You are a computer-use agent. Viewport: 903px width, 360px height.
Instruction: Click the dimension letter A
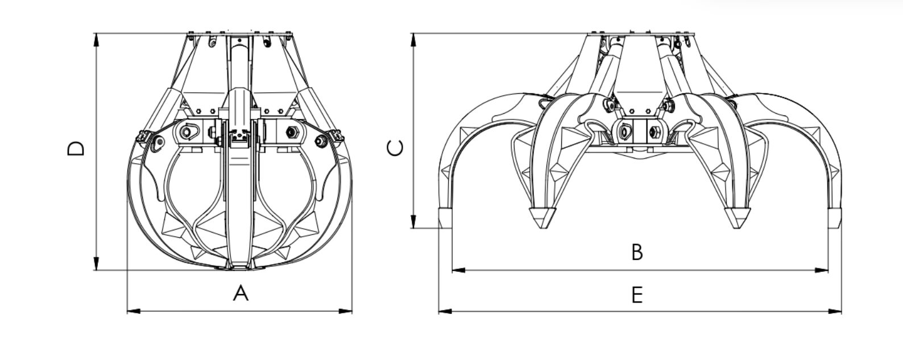tap(241, 293)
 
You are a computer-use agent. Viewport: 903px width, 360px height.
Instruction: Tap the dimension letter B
tap(637, 252)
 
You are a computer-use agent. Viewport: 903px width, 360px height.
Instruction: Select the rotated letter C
tap(395, 148)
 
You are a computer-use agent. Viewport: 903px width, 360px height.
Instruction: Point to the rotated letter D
tap(76, 148)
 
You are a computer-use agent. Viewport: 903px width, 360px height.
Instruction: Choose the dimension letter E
tap(637, 295)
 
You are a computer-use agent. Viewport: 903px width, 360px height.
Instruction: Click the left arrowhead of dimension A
tap(134, 311)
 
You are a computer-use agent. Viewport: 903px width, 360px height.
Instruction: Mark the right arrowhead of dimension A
tap(346, 311)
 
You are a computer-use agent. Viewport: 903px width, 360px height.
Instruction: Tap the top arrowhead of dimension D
tap(96, 40)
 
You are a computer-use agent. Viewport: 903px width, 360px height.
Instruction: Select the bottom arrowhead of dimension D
tap(96, 264)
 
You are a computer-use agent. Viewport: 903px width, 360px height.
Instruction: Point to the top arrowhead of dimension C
tap(413, 40)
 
